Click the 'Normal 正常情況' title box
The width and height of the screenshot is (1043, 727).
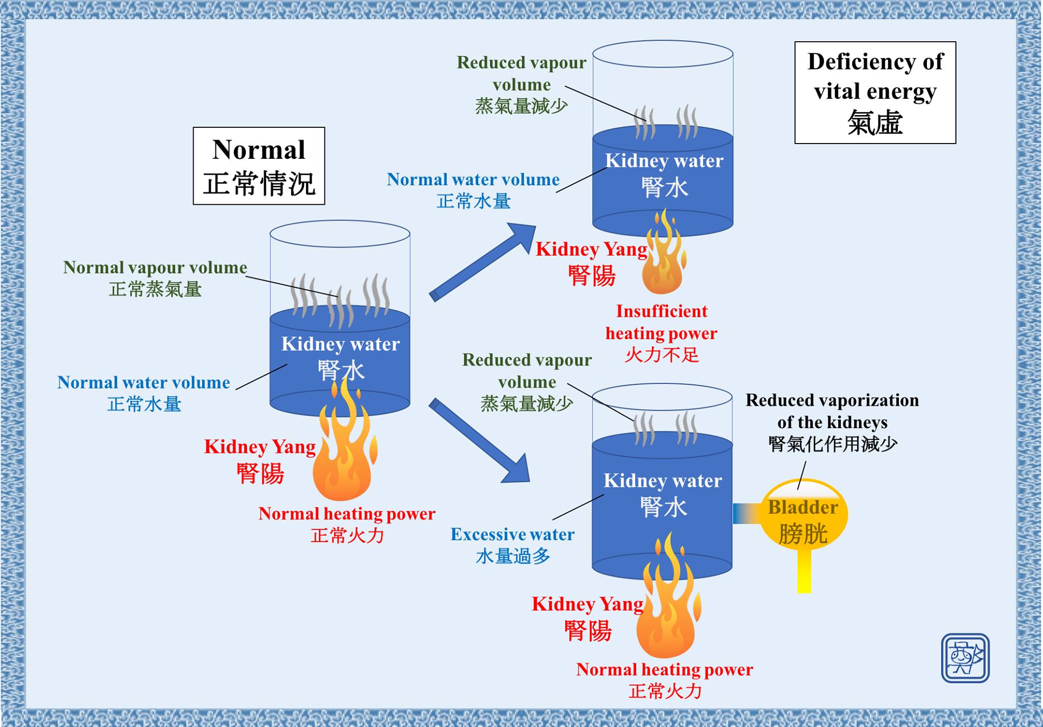pyautogui.click(x=259, y=166)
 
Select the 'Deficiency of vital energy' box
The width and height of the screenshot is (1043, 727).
pyautogui.click(x=875, y=93)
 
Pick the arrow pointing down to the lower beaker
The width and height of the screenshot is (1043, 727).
pyautogui.click(x=480, y=441)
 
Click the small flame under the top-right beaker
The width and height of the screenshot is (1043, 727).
pyautogui.click(x=664, y=252)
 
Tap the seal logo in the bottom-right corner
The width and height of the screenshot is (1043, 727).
pyautogui.click(x=965, y=658)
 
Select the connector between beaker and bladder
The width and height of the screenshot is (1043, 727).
pyautogui.click(x=747, y=514)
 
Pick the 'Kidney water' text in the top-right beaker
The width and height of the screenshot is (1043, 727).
pyautogui.click(x=664, y=161)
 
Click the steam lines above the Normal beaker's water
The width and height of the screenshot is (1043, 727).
pyautogui.click(x=340, y=300)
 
